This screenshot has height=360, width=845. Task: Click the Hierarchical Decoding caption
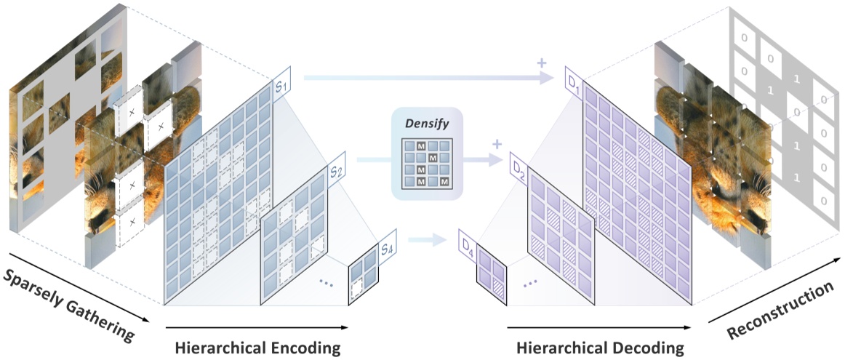600,348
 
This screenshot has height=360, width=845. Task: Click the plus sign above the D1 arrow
541,63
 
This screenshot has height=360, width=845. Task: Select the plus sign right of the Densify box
497,144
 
